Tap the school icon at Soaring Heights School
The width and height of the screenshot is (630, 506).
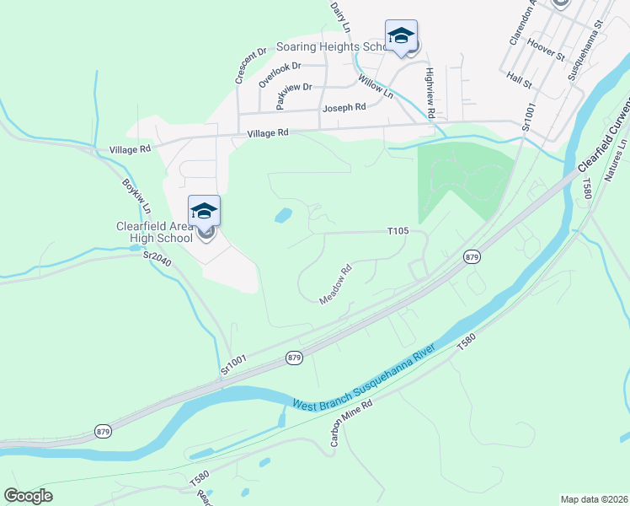402,36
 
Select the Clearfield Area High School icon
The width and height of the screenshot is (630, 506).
205,212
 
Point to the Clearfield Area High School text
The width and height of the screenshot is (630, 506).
154,232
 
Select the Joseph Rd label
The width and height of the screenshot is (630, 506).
343,108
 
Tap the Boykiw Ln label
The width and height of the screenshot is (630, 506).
136,196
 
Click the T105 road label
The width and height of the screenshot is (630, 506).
398,230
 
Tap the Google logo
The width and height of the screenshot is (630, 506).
28,495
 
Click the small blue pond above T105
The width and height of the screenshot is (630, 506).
284,216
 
